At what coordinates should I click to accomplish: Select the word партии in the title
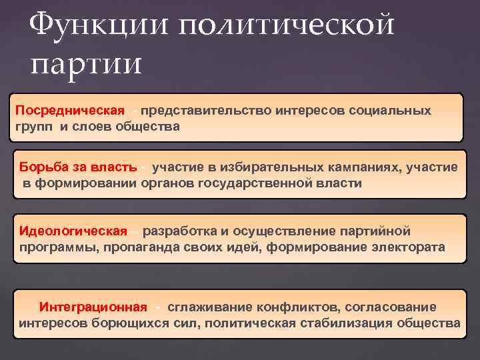tap(86, 65)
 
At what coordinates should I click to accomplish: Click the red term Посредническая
tap(70, 110)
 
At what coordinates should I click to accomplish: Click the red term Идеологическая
tap(73, 231)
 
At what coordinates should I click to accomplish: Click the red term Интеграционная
tap(93, 307)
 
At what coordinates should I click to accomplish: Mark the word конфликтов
tap(293, 307)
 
